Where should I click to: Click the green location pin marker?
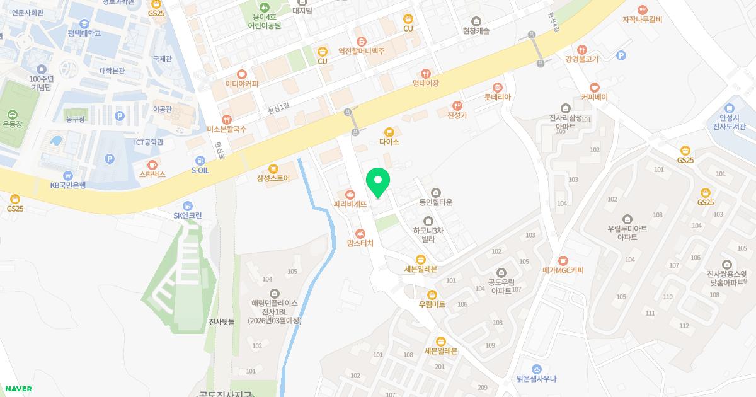click(378, 183)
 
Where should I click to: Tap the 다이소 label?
click(389, 142)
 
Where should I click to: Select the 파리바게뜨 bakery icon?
click(350, 193)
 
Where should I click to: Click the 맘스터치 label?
click(360, 243)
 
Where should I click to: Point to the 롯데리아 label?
click(497, 98)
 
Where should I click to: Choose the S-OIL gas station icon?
click(200, 161)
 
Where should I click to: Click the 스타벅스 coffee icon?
click(152, 164)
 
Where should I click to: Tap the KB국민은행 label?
click(68, 185)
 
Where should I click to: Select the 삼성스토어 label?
click(273, 178)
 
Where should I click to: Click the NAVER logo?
click(18, 389)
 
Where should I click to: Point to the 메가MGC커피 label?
click(563, 270)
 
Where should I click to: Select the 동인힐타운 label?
click(435, 203)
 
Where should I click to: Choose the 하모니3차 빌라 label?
click(428, 235)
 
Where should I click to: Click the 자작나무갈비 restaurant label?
click(642, 20)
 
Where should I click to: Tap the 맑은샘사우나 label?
click(536, 379)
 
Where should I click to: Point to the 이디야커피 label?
click(242, 83)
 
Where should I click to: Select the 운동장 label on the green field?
click(12, 124)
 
